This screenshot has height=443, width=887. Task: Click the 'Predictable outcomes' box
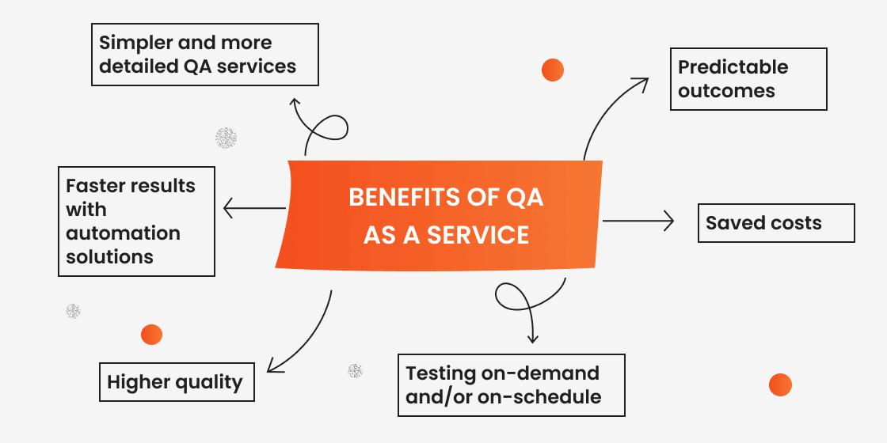[x=748, y=79]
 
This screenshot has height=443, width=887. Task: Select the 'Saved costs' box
[x=775, y=223]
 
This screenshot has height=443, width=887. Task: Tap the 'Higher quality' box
[x=176, y=382]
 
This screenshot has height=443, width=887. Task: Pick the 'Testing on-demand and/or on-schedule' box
[x=511, y=385]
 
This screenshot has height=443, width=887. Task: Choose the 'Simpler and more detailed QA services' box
[x=205, y=55]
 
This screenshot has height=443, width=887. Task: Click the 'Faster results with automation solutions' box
[x=136, y=221]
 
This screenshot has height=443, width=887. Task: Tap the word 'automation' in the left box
[x=123, y=233]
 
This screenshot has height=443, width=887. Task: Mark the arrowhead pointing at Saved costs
[x=669, y=221]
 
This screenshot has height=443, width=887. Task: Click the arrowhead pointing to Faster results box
[x=228, y=209]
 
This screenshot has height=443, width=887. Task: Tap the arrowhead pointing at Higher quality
[x=272, y=367]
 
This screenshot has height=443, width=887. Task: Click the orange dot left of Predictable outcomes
[x=552, y=70]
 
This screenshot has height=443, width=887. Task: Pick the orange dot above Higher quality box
[x=151, y=335]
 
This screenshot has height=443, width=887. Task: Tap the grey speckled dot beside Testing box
[x=356, y=370]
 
